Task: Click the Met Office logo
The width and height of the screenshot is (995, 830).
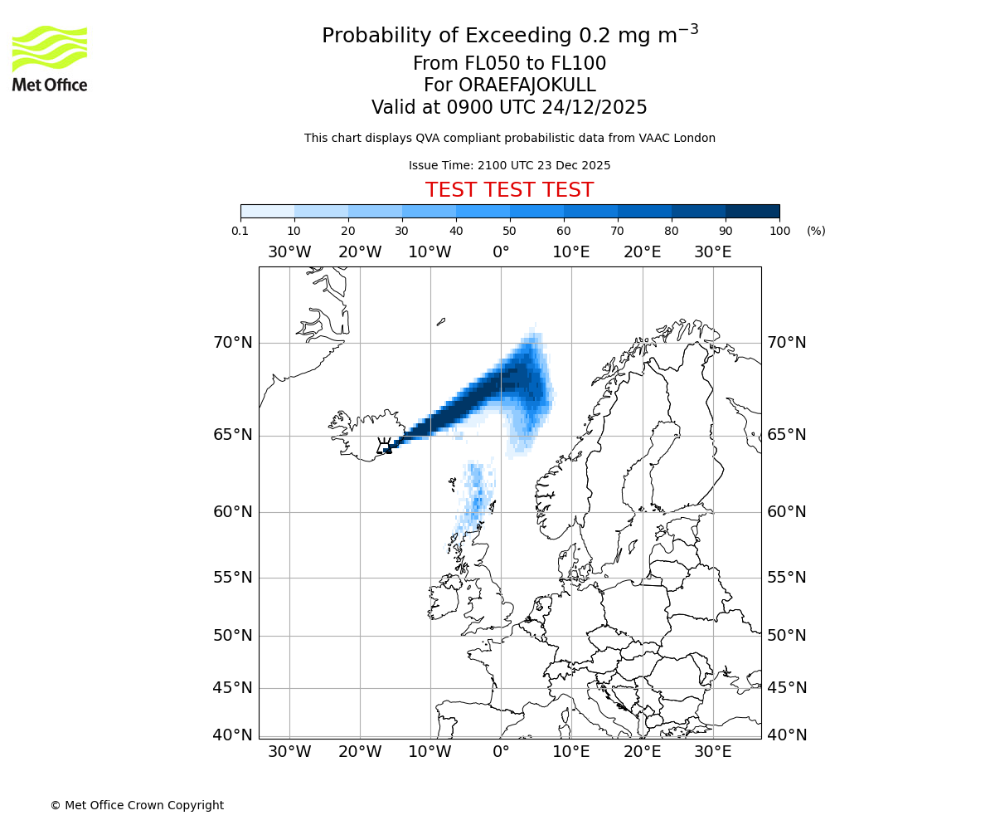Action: [x=50, y=58]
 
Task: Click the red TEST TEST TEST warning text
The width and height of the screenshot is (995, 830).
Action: [x=509, y=190]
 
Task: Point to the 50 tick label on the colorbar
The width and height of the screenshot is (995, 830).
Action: [x=509, y=231]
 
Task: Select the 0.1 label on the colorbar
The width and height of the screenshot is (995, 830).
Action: [x=240, y=231]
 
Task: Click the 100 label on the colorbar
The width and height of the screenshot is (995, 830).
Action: [x=779, y=231]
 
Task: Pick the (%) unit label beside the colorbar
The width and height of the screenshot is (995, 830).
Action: [x=816, y=231]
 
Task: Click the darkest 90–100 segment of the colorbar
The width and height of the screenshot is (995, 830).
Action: [x=752, y=211]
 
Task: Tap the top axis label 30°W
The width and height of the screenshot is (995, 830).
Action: [x=289, y=251]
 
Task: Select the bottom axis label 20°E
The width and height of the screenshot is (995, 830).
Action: [x=642, y=752]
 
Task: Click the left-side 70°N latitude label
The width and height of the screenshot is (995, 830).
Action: [x=232, y=342]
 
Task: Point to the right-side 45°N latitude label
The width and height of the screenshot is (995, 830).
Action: [x=786, y=687]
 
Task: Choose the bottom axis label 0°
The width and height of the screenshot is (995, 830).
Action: [x=501, y=752]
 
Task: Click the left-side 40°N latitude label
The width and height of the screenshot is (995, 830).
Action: [x=232, y=735]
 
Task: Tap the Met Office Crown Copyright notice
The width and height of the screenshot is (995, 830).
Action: [x=137, y=805]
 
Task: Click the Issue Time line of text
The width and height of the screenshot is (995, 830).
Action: [x=509, y=165]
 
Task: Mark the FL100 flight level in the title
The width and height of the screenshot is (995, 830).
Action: [x=579, y=64]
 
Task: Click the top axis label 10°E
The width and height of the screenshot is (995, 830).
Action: [x=571, y=251]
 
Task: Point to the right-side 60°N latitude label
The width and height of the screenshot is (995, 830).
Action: [x=786, y=511]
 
